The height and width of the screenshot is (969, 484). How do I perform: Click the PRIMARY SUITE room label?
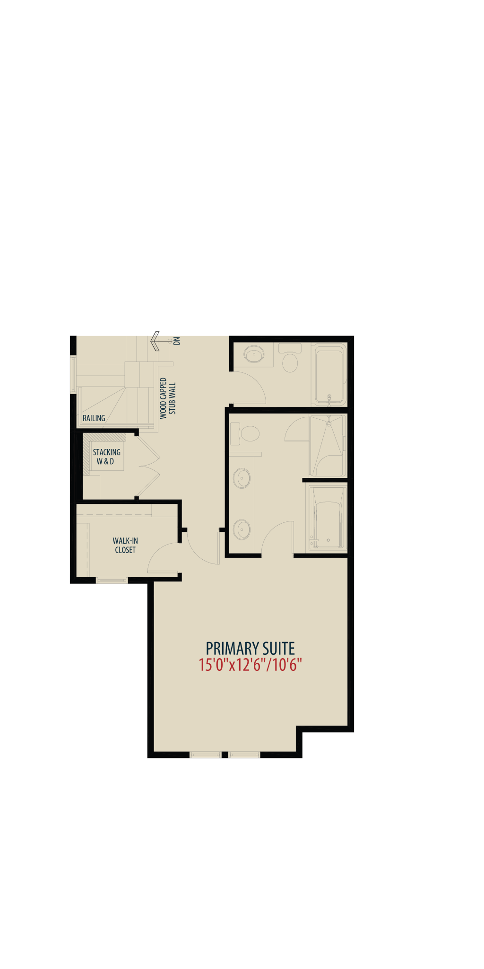(x=250, y=648)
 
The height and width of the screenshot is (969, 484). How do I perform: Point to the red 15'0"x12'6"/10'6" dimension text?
(x=250, y=665)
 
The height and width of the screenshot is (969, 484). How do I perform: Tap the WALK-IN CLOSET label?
(x=125, y=545)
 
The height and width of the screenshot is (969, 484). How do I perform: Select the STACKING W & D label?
(x=106, y=457)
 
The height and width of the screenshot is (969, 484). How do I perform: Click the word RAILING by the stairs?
(x=94, y=418)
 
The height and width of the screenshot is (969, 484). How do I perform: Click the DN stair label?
(x=177, y=341)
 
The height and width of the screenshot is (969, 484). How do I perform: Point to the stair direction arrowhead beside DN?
(x=155, y=341)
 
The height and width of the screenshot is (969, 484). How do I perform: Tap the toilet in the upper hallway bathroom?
(x=290, y=358)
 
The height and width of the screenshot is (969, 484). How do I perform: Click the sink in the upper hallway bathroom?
(x=254, y=354)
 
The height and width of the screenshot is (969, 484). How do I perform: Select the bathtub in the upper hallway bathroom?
(x=329, y=374)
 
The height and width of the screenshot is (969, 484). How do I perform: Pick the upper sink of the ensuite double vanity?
(x=242, y=478)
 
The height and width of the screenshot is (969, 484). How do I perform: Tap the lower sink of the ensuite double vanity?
(x=242, y=529)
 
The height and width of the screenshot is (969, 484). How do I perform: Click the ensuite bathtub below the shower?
(x=327, y=517)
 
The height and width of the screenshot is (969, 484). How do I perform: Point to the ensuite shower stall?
(x=328, y=446)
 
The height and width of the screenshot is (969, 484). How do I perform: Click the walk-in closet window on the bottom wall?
(x=112, y=580)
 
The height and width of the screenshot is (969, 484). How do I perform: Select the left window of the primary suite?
(x=205, y=755)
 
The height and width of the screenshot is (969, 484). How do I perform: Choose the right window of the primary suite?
(x=244, y=755)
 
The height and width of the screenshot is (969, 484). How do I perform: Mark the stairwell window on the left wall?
(x=73, y=374)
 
